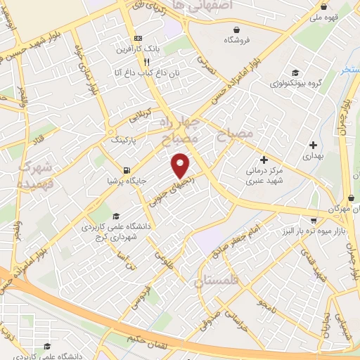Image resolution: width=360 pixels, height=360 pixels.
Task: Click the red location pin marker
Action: [x=181, y=165]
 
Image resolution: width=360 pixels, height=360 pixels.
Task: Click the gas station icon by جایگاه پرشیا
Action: [x=126, y=169]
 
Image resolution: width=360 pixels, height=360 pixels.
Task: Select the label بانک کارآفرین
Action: [x=147, y=49]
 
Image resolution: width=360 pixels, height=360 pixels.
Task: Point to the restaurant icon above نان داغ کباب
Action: [x=146, y=61]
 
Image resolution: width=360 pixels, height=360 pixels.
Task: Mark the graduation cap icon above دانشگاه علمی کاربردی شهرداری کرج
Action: [x=116, y=216]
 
